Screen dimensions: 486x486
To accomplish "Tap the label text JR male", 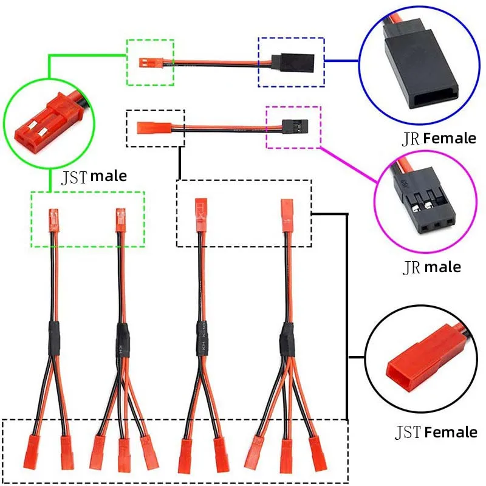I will pos(432,267).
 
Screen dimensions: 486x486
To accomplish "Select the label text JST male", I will pos(94,177).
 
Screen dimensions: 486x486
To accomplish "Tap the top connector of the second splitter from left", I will pos(120,219).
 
